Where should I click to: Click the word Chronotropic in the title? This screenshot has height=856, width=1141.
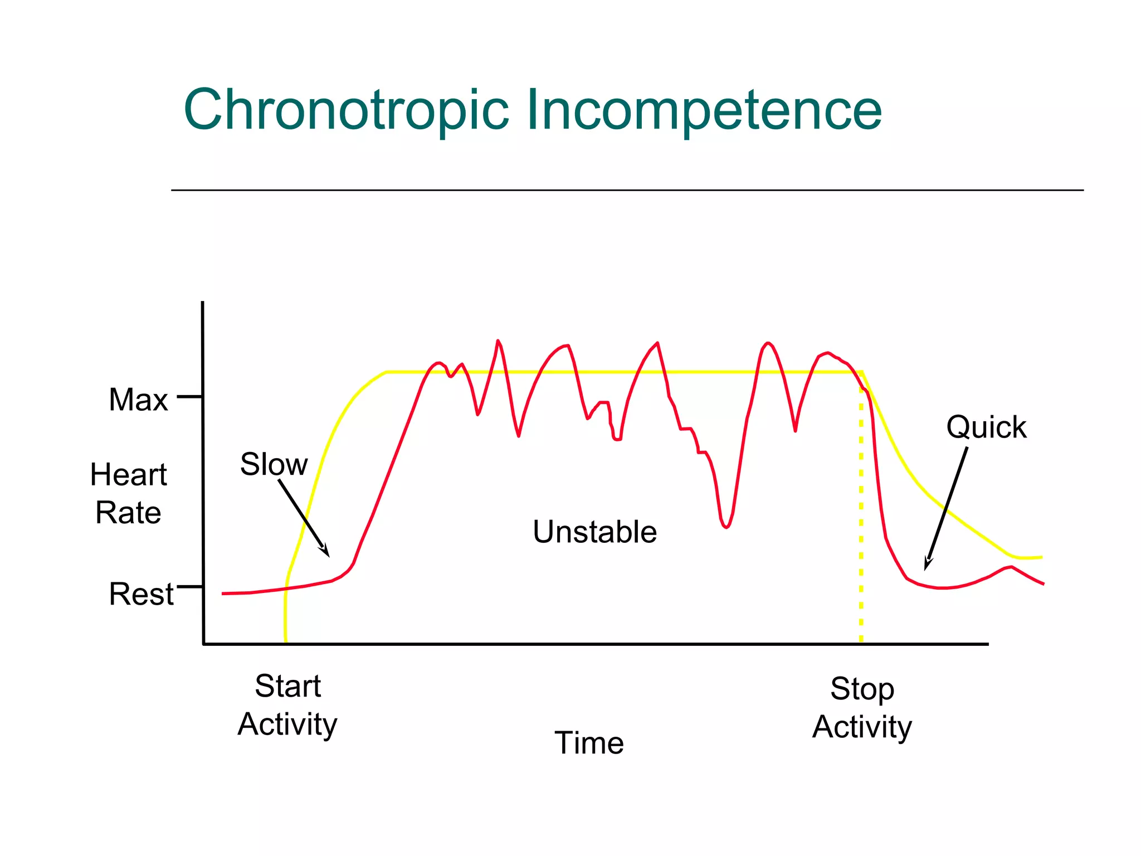pos(346,110)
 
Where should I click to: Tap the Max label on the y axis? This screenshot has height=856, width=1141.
pos(138,400)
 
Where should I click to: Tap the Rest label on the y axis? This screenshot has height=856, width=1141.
pos(141,594)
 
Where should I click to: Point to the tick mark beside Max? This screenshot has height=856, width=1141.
pos(189,397)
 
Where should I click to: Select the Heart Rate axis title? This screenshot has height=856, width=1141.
pos(128,494)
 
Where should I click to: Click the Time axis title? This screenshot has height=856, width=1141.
pos(589,743)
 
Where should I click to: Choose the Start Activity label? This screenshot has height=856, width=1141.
pos(287,705)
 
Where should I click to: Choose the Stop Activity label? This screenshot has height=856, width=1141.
pos(862,708)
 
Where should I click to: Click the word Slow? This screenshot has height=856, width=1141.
pos(274,464)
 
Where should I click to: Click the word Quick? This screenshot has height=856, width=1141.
pos(986,427)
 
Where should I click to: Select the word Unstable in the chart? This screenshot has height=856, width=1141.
pos(594,532)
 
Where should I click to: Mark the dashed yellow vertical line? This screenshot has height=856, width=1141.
pos(861,529)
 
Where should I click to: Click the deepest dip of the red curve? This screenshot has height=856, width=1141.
pos(726,527)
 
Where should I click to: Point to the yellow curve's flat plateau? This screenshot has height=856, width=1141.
pos(613,372)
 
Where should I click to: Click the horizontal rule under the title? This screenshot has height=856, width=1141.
pos(627,190)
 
